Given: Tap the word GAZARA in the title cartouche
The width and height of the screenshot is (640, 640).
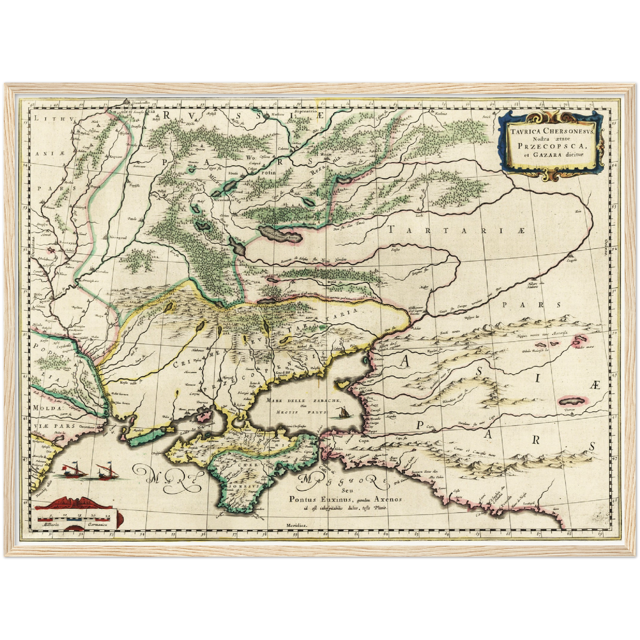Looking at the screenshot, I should click(552, 155).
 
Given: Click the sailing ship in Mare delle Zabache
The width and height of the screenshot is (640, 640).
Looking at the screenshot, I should click(341, 413).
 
